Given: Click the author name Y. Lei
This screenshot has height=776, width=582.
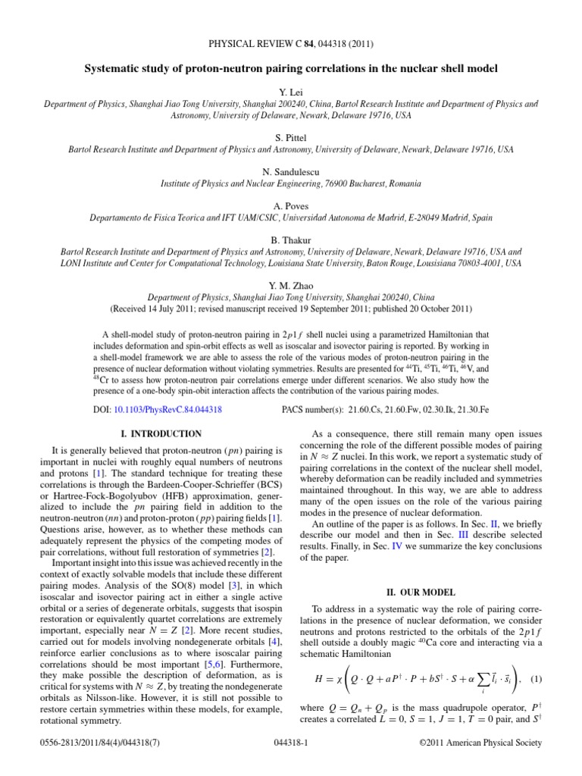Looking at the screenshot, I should coord(290,89).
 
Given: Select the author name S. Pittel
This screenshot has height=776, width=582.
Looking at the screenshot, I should coord(290,136).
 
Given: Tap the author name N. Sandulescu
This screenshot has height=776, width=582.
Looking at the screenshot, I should coord(290,171).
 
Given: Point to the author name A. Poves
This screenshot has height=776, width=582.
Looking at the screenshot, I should coord(290,205).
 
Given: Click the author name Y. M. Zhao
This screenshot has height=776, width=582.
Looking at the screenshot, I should coord(290,286).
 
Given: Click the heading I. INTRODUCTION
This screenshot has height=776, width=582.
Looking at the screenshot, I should coord(161,434).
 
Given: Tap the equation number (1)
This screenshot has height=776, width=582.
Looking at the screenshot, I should coord(535,676).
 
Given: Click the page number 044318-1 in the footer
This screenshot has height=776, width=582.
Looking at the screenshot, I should coord(290,759).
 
